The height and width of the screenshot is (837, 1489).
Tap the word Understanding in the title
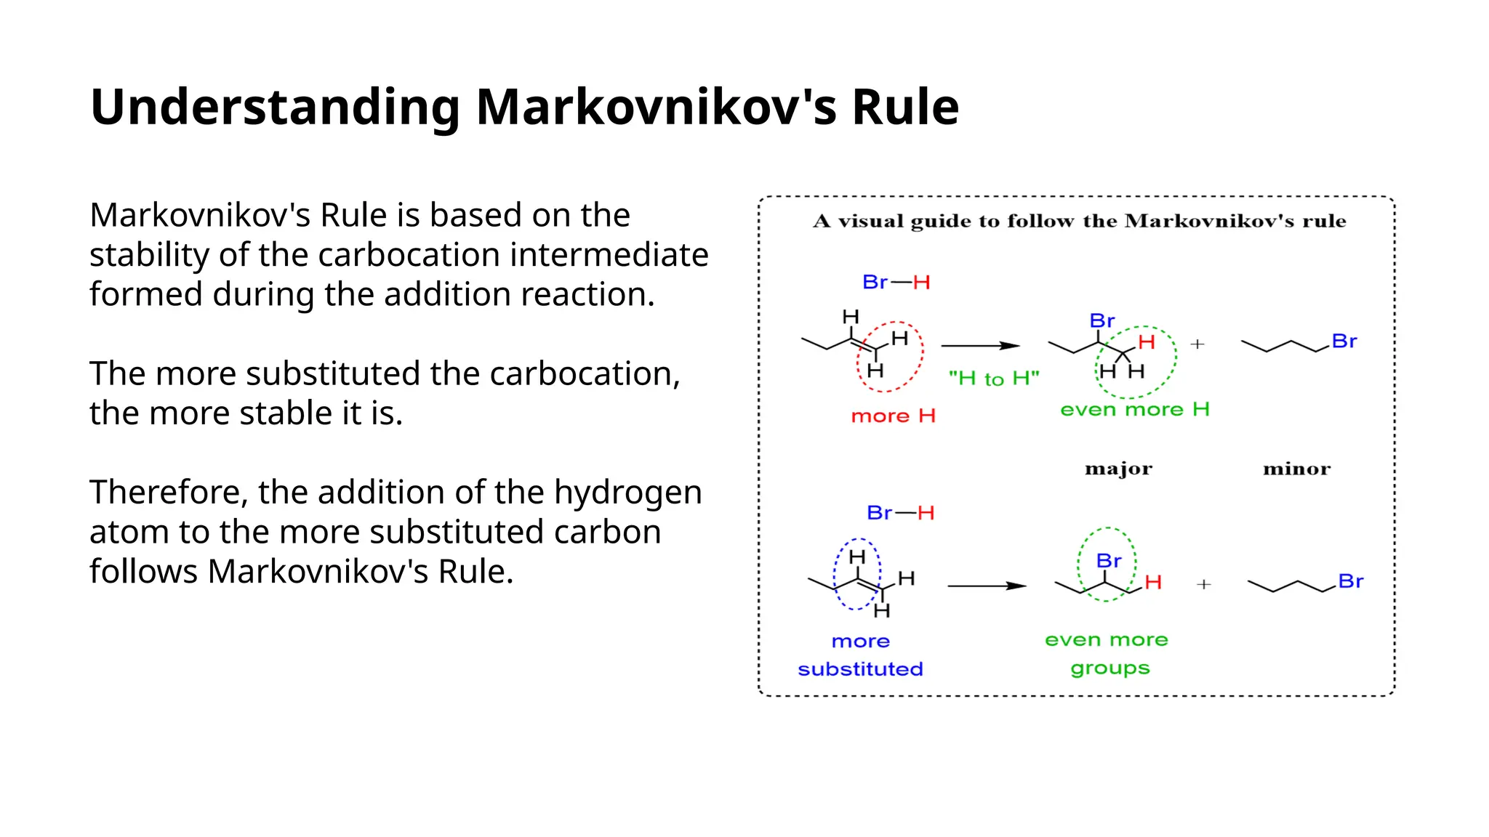pyautogui.click(x=275, y=107)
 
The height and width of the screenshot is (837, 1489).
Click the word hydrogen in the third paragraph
pyautogui.click(x=627, y=493)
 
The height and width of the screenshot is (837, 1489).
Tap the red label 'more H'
pyautogui.click(x=893, y=416)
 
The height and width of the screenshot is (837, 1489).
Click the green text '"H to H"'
pyautogui.click(x=994, y=379)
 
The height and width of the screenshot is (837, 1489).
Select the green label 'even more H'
pyautogui.click(x=1134, y=410)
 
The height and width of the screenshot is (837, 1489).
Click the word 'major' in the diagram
pyautogui.click(x=1118, y=469)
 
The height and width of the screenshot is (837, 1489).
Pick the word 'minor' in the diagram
pyautogui.click(x=1296, y=469)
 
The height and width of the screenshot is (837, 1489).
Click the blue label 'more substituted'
pyautogui.click(x=860, y=655)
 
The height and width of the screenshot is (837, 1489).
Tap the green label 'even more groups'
pyautogui.click(x=1107, y=654)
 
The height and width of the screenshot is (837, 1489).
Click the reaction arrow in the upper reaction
pyautogui.click(x=980, y=346)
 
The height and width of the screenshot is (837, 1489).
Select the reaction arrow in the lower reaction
pyautogui.click(x=987, y=586)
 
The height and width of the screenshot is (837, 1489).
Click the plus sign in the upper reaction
pyautogui.click(x=1197, y=344)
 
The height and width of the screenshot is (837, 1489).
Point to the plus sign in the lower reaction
pyautogui.click(x=1204, y=584)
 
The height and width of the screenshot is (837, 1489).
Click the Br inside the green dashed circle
pyautogui.click(x=1109, y=561)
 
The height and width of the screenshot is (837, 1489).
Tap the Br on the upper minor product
pyautogui.click(x=1344, y=341)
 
